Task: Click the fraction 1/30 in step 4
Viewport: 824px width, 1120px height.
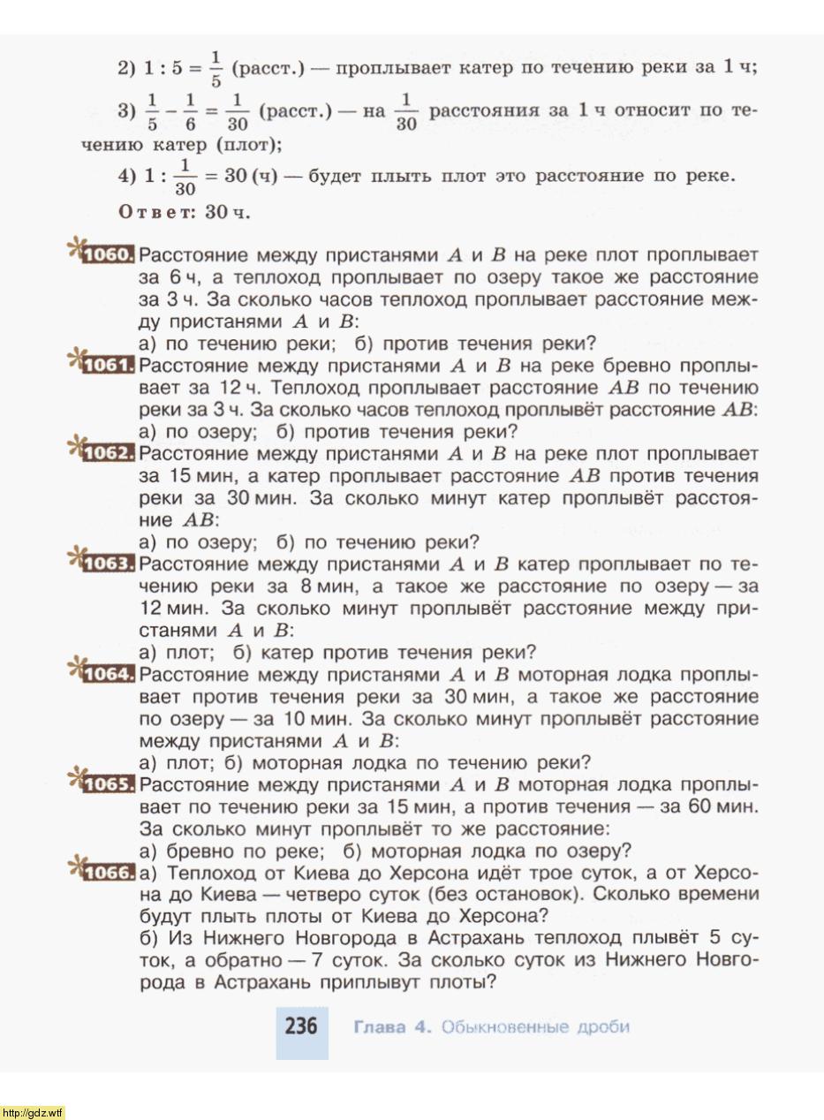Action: pos(184,176)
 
